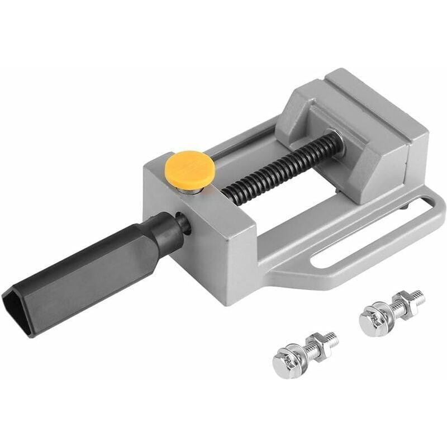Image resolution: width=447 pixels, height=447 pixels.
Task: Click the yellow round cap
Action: coord(190,167)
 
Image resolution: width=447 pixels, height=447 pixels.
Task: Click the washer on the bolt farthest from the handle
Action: coord(386,313)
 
